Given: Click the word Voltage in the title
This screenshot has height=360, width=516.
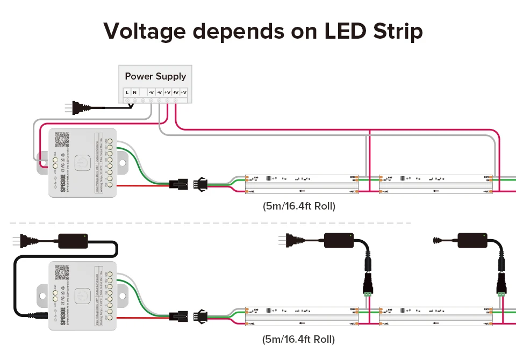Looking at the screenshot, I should [x=144, y=31].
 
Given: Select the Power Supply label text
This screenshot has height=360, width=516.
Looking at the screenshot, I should [x=155, y=76].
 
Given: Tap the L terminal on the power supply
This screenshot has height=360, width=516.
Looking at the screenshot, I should [x=127, y=92].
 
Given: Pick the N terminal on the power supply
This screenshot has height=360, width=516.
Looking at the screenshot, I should [x=134, y=92].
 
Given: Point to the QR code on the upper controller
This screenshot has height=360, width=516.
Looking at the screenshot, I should [x=63, y=139].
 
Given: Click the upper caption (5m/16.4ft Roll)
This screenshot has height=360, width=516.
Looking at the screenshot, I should [x=299, y=206].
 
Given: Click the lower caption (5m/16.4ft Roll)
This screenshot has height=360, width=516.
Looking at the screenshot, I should [x=299, y=339].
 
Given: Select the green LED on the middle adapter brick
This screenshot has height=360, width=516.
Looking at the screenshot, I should [x=350, y=235].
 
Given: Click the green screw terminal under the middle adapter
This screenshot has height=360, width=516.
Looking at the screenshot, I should [x=369, y=294].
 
